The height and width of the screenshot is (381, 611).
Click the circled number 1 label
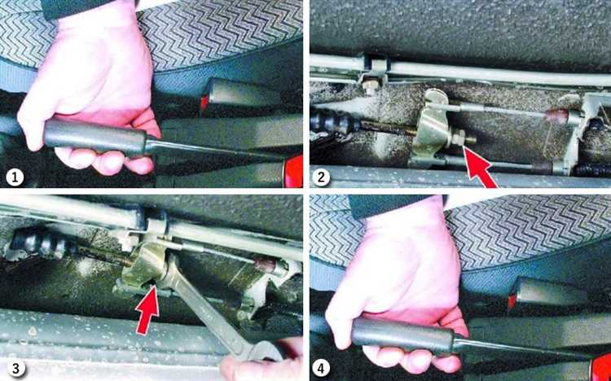15,178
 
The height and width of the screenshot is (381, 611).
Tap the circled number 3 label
15,369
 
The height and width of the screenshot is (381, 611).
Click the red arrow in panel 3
147,310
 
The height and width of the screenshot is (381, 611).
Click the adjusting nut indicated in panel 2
457,138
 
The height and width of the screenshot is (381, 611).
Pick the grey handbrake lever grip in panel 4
402,335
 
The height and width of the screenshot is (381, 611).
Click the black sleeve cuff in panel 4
398,207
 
